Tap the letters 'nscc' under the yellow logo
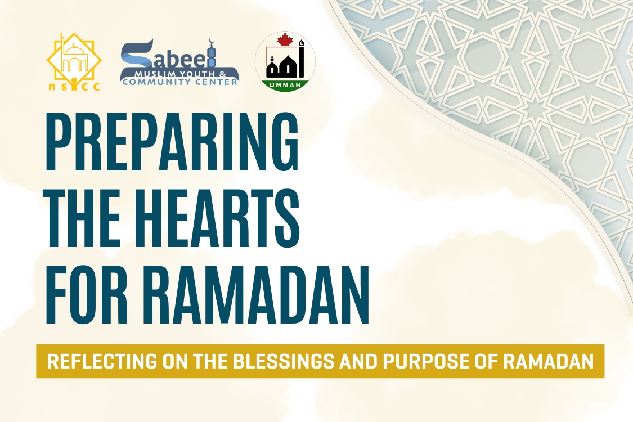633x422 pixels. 74,86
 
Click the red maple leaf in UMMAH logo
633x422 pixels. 286,39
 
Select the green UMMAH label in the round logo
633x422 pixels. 285,85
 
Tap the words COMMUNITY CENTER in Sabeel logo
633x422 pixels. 180,82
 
